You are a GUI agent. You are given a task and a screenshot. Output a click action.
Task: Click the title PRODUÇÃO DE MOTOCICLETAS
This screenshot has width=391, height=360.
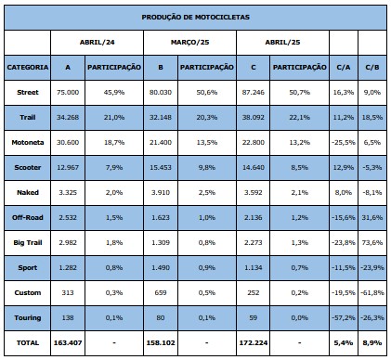pyautogui.click(x=195, y=17)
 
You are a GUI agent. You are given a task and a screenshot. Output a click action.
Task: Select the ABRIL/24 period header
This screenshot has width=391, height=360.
pyautogui.click(x=97, y=42)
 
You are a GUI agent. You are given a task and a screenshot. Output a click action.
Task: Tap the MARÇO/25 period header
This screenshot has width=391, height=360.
pyautogui.click(x=189, y=42)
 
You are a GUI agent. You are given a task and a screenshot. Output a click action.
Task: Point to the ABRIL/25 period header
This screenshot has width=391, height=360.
pyautogui.click(x=282, y=42)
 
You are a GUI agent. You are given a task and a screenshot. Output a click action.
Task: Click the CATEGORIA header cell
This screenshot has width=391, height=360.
pyautogui.click(x=28, y=67)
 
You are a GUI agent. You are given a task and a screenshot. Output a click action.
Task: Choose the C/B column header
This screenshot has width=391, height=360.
pyautogui.click(x=372, y=67)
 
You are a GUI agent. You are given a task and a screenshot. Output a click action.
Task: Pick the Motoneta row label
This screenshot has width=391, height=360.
pyautogui.click(x=28, y=142)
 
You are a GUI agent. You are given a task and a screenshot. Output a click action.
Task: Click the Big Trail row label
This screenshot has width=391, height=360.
pyautogui.click(x=28, y=242)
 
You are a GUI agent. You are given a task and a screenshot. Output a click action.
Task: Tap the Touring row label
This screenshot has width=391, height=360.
pyautogui.click(x=28, y=317)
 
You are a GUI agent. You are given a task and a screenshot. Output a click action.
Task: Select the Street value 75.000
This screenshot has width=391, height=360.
pyautogui.click(x=68, y=92)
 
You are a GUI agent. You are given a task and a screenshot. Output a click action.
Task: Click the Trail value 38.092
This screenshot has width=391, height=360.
pyautogui.click(x=254, y=117)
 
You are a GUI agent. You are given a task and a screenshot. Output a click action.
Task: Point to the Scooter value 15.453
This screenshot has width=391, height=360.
pyautogui.click(x=161, y=167)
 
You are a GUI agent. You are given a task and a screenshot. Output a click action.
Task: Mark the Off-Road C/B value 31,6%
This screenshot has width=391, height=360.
pyautogui.click(x=372, y=217)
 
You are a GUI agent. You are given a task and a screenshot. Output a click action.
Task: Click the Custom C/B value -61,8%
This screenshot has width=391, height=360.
pyautogui.click(x=372, y=292)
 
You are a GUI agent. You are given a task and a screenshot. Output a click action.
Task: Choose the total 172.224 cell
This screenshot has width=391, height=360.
pyautogui.click(x=254, y=342)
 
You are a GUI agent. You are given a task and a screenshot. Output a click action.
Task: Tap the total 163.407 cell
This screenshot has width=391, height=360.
pyautogui.click(x=68, y=342)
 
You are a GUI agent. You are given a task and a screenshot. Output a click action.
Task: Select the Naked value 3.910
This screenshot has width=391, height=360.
pyautogui.click(x=161, y=192)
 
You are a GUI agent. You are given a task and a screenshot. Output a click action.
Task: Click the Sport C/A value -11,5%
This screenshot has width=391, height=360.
pyautogui.click(x=344, y=267)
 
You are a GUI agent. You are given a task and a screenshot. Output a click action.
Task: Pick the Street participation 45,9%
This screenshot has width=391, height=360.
pyautogui.click(x=114, y=92)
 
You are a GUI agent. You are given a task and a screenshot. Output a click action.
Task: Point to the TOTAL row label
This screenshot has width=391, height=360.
pyautogui.click(x=28, y=342)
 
